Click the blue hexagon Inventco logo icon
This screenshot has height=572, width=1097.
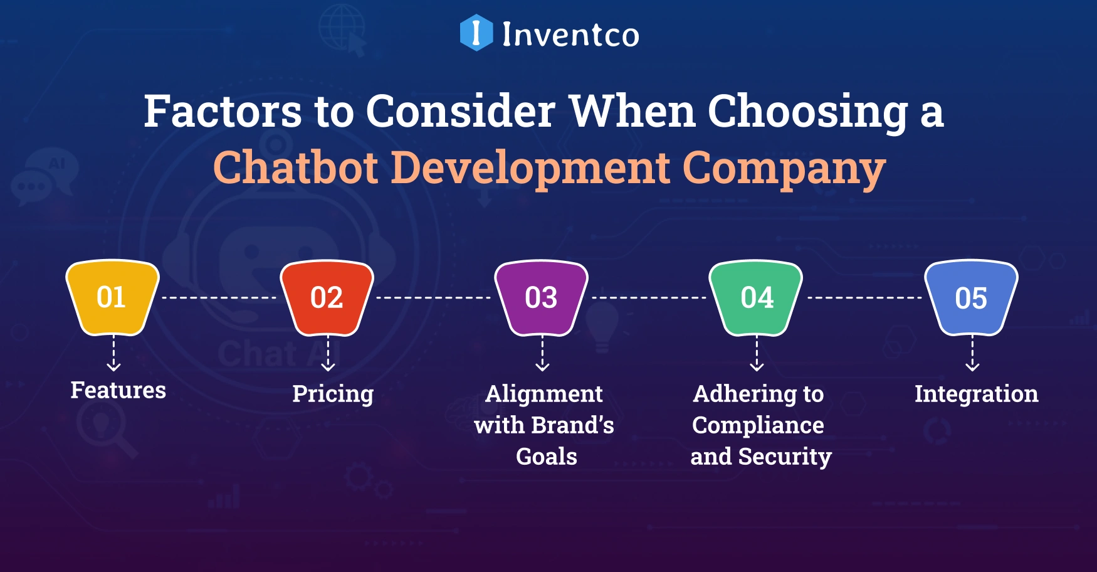point(476,33)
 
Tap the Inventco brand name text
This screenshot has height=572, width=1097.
point(570,34)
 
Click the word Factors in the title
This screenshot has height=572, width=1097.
point(223,112)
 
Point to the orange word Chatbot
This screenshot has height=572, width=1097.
point(296,168)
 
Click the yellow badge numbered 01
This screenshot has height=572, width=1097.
point(112,297)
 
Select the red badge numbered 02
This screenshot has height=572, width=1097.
point(327,297)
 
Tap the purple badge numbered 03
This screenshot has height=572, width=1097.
point(541,297)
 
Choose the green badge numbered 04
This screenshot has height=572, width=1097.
point(756,297)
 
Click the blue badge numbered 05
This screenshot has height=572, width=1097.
point(971,297)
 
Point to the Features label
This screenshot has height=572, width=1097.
point(118,390)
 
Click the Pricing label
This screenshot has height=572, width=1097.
point(333,395)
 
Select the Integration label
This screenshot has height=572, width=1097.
point(976,394)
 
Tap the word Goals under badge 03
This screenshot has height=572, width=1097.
point(546,457)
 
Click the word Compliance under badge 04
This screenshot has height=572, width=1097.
point(758,425)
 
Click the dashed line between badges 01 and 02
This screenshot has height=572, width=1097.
point(219,297)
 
